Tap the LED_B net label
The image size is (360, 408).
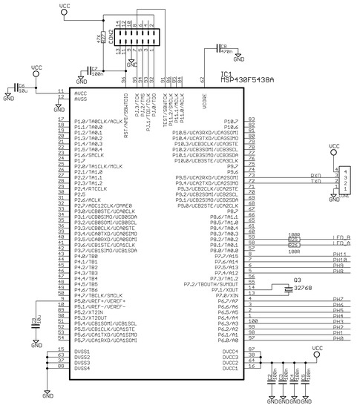coord(341,238)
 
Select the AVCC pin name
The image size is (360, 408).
coord(81,93)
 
